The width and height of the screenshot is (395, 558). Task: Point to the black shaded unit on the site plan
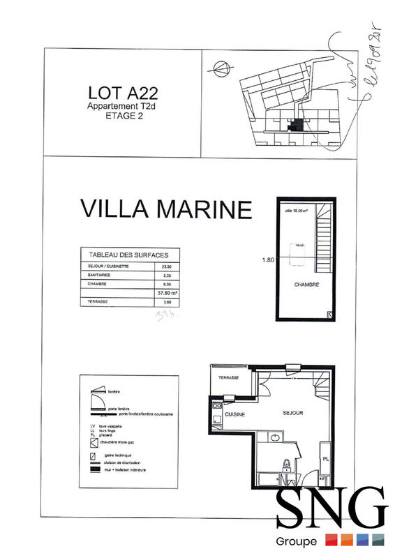[299, 126]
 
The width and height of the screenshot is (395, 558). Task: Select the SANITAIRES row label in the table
[95, 276]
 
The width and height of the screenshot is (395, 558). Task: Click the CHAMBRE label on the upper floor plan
[306, 285]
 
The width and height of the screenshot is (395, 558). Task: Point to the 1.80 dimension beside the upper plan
[267, 260]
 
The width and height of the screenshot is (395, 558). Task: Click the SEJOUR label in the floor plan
[292, 413]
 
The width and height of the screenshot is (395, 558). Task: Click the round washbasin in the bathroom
[274, 437]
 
